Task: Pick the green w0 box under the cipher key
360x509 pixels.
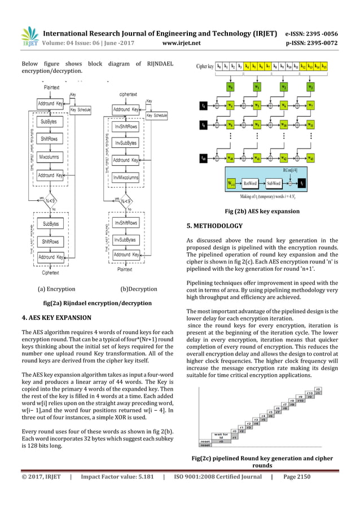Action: (230, 87)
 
